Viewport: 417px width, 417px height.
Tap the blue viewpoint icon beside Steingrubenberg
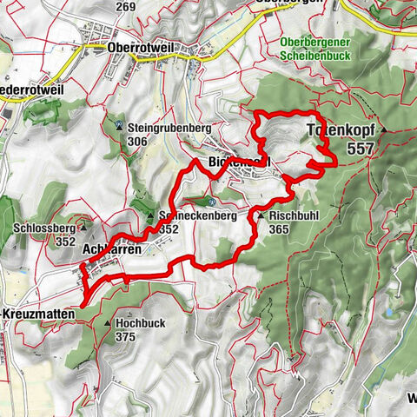(118, 125)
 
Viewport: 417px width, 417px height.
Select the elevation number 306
(137, 140)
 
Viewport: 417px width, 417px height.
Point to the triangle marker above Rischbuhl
(260, 215)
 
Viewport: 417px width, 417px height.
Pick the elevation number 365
(280, 229)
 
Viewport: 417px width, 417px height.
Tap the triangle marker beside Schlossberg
(83, 228)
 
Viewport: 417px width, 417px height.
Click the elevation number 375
(127, 337)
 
